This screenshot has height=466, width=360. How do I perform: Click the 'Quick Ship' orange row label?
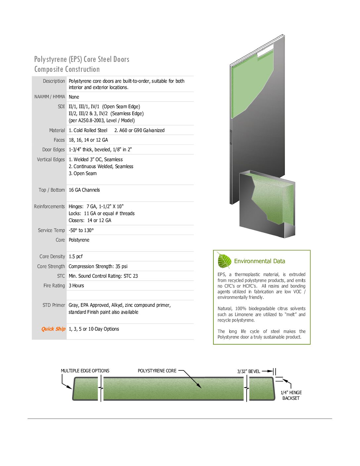tap(53, 329)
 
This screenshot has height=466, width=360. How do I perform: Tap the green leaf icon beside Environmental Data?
tap(224, 261)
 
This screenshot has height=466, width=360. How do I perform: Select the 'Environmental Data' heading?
tap(259, 261)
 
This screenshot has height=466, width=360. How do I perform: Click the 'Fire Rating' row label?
tap(54, 286)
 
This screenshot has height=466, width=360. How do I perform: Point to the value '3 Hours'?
tap(76, 286)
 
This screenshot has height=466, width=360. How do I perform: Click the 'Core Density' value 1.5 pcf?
tap(75, 256)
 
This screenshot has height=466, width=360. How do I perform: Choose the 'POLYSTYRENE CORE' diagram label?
tap(157, 371)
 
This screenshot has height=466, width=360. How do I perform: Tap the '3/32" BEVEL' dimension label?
tap(248, 371)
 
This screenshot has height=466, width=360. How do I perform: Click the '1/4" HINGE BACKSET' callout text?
tap(291, 396)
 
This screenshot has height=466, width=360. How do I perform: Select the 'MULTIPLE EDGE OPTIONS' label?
tap(85, 371)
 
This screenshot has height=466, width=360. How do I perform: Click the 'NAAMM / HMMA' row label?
tap(50, 97)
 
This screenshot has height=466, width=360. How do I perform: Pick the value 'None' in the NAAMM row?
tap(74, 97)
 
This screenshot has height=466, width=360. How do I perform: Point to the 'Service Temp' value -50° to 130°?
tap(81, 230)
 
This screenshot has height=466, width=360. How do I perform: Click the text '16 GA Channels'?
tap(84, 190)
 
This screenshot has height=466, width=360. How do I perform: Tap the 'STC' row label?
tap(61, 276)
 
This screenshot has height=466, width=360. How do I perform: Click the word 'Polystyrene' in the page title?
tap(50, 60)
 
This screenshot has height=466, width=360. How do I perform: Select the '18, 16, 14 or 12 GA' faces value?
tap(88, 140)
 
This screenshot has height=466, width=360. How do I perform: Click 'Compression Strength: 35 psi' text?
tap(98, 266)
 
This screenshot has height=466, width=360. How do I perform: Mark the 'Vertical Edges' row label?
tap(51, 160)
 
